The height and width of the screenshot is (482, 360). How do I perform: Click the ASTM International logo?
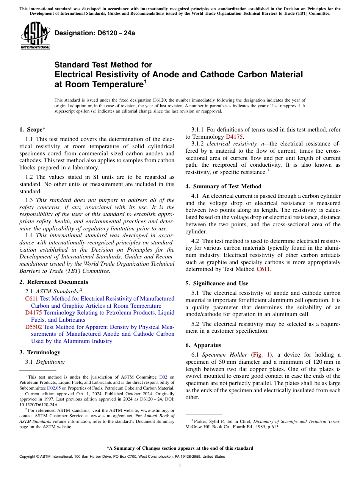(x=35, y=36)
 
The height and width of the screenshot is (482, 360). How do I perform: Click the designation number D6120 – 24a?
(x=95, y=33)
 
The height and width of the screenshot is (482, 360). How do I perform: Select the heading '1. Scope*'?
(x=32, y=129)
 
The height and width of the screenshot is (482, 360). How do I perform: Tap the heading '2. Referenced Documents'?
(x=53, y=282)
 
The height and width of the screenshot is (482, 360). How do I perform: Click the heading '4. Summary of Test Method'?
(x=223, y=186)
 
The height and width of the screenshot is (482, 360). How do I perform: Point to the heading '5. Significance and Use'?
(x=217, y=283)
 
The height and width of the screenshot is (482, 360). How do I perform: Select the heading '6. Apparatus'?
(x=203, y=345)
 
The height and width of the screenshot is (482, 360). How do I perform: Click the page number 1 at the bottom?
(x=180, y=466)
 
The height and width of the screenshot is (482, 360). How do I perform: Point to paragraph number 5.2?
(x=195, y=324)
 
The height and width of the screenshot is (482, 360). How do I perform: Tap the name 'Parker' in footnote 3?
(x=201, y=421)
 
